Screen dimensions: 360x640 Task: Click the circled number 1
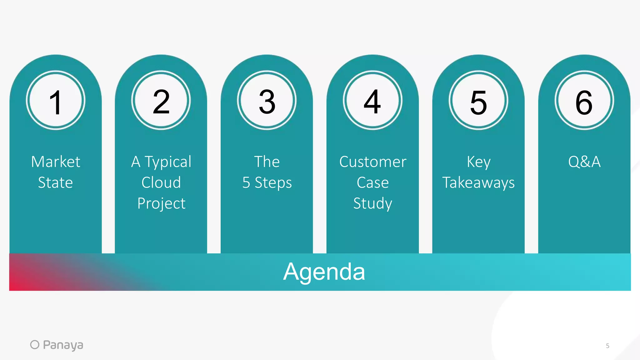[x=56, y=100]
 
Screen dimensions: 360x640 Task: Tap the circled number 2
[x=161, y=100]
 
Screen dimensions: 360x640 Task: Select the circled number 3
[x=267, y=100]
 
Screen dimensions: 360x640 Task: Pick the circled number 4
[x=372, y=100]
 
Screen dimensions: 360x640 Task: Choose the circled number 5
[x=478, y=100]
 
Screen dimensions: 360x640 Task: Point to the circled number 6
[x=584, y=100]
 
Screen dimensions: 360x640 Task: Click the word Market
[x=56, y=162]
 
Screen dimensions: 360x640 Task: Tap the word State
[x=55, y=182]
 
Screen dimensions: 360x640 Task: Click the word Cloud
[x=161, y=182]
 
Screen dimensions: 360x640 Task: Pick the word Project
[x=161, y=204]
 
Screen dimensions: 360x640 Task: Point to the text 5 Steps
[x=267, y=183]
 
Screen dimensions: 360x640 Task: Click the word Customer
[x=373, y=162]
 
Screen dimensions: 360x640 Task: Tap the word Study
[x=372, y=204]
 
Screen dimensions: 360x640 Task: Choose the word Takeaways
[x=478, y=183]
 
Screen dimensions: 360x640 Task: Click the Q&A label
[x=584, y=162]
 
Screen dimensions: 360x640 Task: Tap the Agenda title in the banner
[x=324, y=272]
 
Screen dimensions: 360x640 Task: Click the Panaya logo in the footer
[x=57, y=345]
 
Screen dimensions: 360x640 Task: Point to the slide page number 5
[x=607, y=346]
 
